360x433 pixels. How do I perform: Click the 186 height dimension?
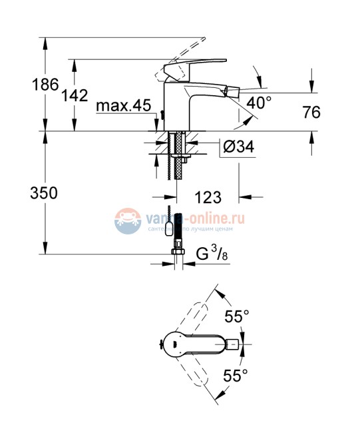pyautogui.click(x=21, y=86)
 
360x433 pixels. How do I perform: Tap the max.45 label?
pyautogui.click(x=123, y=105)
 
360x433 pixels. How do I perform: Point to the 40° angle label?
pyautogui.click(x=259, y=103)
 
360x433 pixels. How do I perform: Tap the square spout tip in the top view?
pyautogui.click(x=234, y=345)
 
